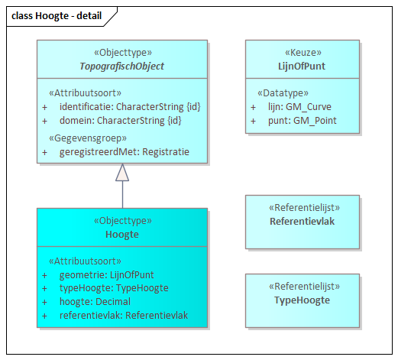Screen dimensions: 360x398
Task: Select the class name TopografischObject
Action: tap(122, 66)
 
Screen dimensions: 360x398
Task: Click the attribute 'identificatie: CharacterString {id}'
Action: tap(130, 106)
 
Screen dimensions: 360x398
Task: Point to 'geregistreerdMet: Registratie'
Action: tap(124, 151)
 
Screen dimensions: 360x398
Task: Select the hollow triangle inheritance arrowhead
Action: tap(122, 173)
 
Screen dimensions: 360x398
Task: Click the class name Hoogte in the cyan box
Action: tap(122, 234)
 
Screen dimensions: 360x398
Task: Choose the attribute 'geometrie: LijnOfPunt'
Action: tap(107, 274)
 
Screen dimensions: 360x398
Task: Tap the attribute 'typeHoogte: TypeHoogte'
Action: tap(113, 288)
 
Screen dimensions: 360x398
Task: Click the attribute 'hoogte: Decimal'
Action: tap(95, 302)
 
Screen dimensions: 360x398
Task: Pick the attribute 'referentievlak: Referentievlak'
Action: tap(123, 315)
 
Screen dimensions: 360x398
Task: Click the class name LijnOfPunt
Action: tap(302, 66)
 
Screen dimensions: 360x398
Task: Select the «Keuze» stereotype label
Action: tap(302, 54)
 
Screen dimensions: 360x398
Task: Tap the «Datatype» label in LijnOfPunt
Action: tap(284, 92)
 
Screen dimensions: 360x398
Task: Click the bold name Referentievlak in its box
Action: tap(302, 221)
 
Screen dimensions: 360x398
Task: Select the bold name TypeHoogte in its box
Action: tap(302, 300)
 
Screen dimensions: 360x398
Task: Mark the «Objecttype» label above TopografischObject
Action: tap(122, 53)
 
